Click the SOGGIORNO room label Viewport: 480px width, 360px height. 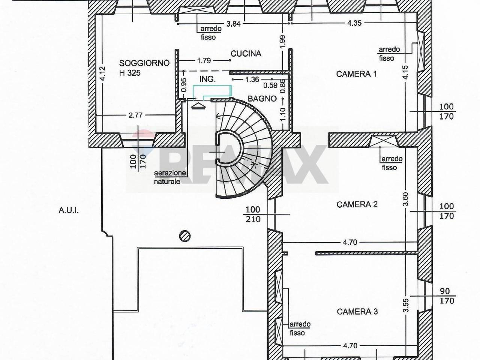[144, 63]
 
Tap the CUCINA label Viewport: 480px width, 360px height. [246, 54]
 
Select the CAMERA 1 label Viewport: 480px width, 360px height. [357, 74]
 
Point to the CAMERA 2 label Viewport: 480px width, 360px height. [357, 205]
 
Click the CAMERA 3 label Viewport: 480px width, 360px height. [357, 312]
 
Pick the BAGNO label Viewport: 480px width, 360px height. [262, 99]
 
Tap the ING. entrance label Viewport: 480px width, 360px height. [207, 79]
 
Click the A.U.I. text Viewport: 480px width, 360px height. [69, 210]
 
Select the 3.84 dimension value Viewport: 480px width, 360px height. [233, 24]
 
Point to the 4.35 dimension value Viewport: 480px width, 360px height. [354, 23]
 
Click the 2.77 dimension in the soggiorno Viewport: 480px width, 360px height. [136, 115]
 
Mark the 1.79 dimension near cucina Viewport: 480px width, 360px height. [204, 60]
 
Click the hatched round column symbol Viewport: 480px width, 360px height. [185, 236]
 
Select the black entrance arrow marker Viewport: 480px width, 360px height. [198, 106]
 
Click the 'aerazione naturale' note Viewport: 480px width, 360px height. [170, 177]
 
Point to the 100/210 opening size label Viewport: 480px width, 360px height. [253, 214]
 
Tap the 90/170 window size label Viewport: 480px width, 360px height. [446, 296]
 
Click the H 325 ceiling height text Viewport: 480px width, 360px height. [130, 73]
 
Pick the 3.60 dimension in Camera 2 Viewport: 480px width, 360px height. [405, 199]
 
